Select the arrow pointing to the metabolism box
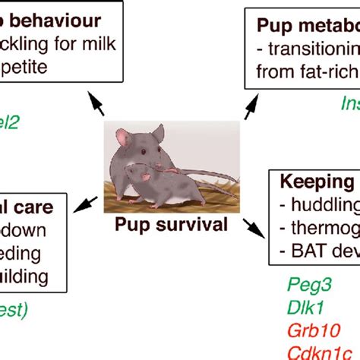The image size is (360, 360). (x=249, y=106)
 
